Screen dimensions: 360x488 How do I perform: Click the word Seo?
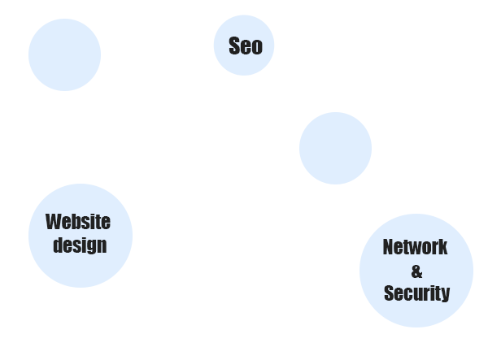pyautogui.click(x=245, y=46)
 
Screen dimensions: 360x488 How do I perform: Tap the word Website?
pyautogui.click(x=78, y=222)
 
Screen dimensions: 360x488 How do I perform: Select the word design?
pyautogui.click(x=80, y=245)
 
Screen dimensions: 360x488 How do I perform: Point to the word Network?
pyautogui.click(x=415, y=247)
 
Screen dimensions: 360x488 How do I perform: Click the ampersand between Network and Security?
pyautogui.click(x=416, y=271)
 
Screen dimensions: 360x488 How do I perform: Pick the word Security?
pyautogui.click(x=416, y=293)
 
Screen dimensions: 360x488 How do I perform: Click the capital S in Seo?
pyautogui.click(x=234, y=46)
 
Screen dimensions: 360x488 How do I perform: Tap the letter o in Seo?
pyautogui.click(x=257, y=47)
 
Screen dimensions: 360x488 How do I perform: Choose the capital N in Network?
pyautogui.click(x=388, y=247)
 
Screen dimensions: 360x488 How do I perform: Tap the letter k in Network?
pyautogui.click(x=442, y=247)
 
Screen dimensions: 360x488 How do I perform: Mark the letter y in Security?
pyautogui.click(x=445, y=295)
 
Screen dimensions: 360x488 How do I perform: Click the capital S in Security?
pyautogui.click(x=389, y=293)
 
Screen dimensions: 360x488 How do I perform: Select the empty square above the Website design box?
pyautogui.click(x=64, y=54)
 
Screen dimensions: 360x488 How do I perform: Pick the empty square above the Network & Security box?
pyautogui.click(x=335, y=148)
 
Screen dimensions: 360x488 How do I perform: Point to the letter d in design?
pyautogui.click(x=58, y=245)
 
